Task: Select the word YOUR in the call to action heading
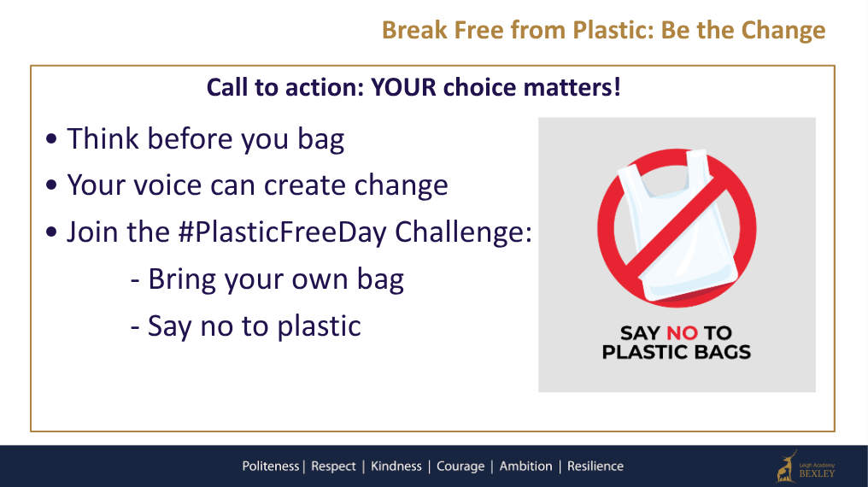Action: click(x=403, y=87)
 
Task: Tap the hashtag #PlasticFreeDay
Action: click(x=282, y=232)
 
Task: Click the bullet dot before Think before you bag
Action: click(x=51, y=138)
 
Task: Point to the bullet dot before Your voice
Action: click(x=51, y=185)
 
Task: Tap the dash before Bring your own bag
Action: click(x=134, y=281)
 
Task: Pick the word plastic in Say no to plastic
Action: click(x=319, y=326)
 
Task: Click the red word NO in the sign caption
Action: click(x=682, y=333)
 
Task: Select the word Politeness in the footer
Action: click(x=271, y=466)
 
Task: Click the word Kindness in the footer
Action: click(x=396, y=466)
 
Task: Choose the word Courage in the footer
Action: click(x=460, y=466)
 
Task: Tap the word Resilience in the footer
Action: click(x=595, y=466)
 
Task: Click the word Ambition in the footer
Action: click(x=526, y=466)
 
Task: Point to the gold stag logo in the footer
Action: click(x=786, y=467)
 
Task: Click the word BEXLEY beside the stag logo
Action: click(x=817, y=473)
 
